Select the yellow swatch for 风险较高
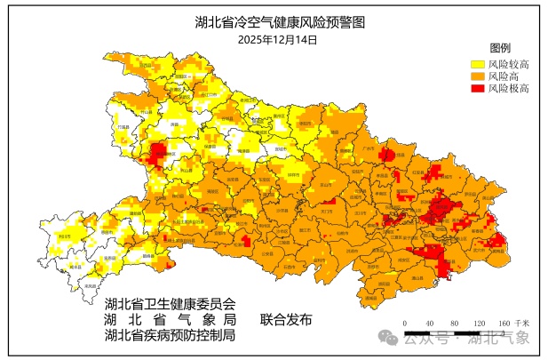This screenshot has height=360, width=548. pyautogui.click(x=477, y=64)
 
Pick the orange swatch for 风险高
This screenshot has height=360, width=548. pyautogui.click(x=477, y=76)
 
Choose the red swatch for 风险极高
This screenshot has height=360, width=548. pyautogui.click(x=477, y=89)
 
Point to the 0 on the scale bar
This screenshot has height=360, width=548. pyautogui.click(x=405, y=323)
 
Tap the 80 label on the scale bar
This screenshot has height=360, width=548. pyautogui.click(x=454, y=323)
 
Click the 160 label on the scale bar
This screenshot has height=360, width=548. pyautogui.click(x=503, y=323)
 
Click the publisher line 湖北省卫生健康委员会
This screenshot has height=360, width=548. pyautogui.click(x=170, y=303)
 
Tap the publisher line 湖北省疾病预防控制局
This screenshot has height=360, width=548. pyautogui.click(x=170, y=335)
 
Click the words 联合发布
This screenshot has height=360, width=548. pyautogui.click(x=286, y=319)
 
